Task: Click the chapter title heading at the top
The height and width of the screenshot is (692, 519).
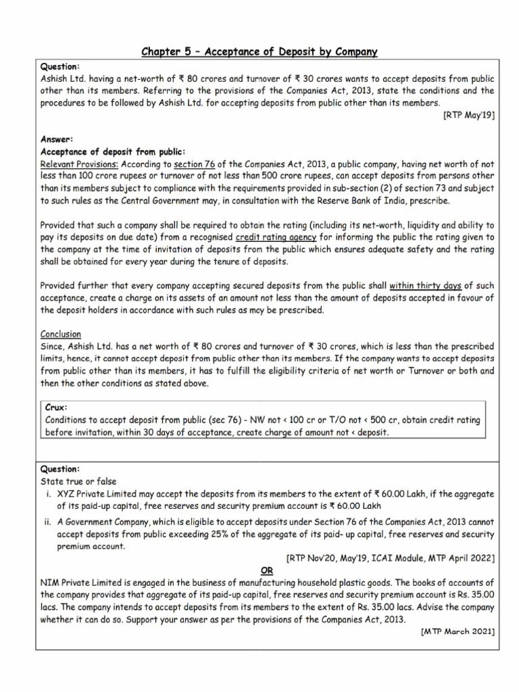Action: point(259,51)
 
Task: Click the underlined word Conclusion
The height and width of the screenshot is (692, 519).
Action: point(61,334)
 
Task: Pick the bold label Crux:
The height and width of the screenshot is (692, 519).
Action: point(57,407)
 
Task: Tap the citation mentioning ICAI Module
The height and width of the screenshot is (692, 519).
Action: point(391,558)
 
